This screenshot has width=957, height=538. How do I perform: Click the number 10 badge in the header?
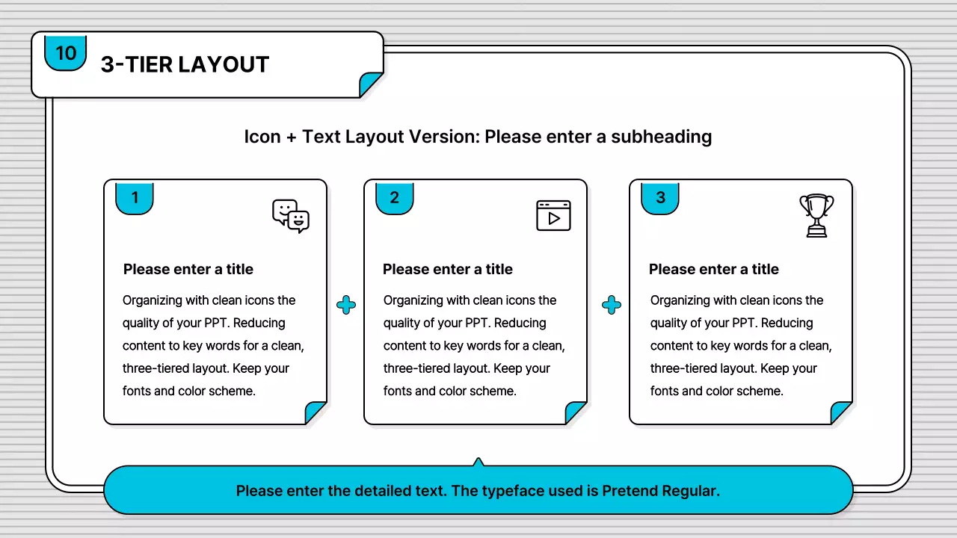[65, 53]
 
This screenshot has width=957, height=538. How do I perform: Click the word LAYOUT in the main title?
[224, 64]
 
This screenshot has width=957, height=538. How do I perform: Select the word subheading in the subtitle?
[661, 137]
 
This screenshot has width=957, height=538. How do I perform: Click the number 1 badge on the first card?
[135, 198]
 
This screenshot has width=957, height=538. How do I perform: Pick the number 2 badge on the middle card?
[394, 198]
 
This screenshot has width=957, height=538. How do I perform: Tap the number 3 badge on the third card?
[660, 198]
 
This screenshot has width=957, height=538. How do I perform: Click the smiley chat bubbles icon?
[291, 216]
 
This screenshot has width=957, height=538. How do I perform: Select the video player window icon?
[553, 216]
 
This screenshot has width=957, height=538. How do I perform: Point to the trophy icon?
[816, 215]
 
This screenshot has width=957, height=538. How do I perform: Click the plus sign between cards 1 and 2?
[346, 305]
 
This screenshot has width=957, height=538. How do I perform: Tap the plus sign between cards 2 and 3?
[612, 305]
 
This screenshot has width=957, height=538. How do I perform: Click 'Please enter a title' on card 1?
[188, 270]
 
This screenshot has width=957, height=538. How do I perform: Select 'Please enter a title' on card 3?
[713, 270]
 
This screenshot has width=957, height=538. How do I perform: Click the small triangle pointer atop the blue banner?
[478, 463]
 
